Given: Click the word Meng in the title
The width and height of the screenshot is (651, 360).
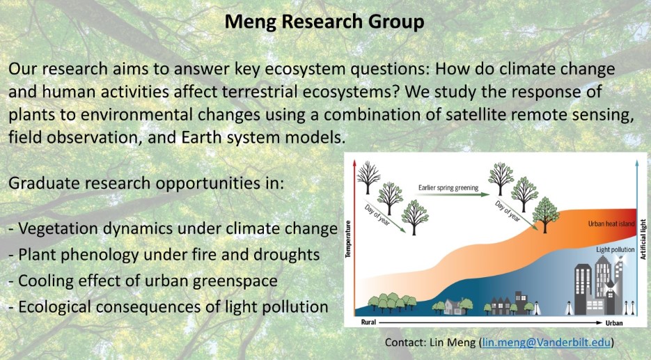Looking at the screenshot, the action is click(251, 22).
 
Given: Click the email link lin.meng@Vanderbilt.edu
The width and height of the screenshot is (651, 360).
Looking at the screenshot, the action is click(547, 342).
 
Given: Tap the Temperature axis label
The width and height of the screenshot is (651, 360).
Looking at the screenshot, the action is click(348, 239).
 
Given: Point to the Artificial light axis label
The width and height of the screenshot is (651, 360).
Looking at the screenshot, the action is click(643, 240).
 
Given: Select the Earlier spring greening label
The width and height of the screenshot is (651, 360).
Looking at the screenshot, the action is click(448, 188).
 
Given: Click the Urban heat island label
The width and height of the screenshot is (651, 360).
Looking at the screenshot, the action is click(611, 224).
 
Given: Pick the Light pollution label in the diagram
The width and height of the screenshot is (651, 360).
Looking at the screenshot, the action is click(615, 249).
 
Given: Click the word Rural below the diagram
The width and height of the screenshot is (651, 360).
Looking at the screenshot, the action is click(368, 322).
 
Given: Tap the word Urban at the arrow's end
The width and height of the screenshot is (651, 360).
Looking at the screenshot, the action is click(614, 322).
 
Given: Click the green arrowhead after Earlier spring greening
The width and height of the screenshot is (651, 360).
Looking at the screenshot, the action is click(486, 194).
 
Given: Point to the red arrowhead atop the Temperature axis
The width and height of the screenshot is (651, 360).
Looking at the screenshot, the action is click(354, 163).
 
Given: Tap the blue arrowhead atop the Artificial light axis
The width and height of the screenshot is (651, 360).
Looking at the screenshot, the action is click(637, 163).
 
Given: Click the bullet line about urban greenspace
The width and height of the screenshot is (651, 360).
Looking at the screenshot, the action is click(143, 281).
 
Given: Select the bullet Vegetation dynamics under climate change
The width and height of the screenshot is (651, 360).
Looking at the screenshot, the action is click(173, 228).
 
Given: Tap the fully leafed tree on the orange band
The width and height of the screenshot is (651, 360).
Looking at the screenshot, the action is click(545, 214).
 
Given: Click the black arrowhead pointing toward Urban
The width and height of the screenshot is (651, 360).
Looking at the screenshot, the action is click(599, 322).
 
